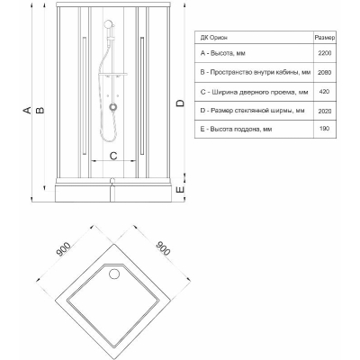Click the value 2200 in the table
[325, 53]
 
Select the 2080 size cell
[325, 72]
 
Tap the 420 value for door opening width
[325, 92]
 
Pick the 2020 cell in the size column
[325, 111]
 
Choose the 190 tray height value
[325, 129]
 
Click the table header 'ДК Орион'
[214, 38]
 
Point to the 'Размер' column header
[325, 38]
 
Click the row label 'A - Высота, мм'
[223, 53]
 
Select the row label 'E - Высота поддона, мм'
[236, 129]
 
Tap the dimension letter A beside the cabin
[27, 110]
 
